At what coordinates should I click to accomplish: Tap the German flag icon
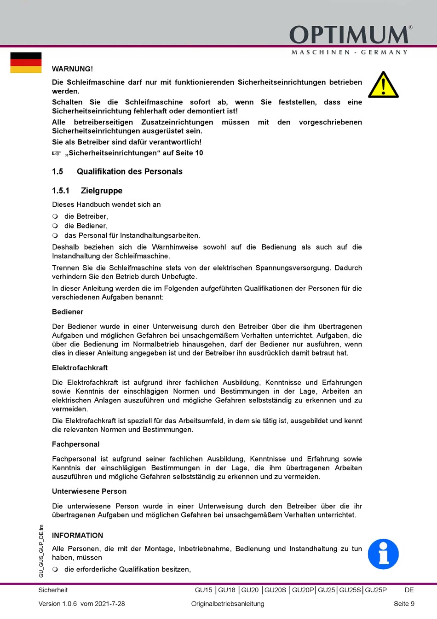(26, 63)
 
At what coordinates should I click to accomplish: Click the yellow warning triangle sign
(383, 85)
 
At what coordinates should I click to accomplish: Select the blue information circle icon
(383, 554)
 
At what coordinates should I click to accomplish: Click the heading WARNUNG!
(72, 69)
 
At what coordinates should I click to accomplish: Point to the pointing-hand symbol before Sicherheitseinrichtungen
(56, 153)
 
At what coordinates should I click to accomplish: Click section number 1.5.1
(61, 191)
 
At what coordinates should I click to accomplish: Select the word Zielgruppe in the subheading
(102, 191)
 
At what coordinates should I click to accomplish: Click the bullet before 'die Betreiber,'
(55, 216)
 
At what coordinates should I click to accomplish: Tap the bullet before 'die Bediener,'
(55, 226)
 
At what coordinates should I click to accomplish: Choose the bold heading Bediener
(68, 312)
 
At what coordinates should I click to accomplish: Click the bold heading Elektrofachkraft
(80, 368)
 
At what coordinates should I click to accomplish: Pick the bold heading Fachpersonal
(75, 444)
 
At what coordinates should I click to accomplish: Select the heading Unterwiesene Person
(89, 491)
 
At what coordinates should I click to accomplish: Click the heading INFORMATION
(77, 536)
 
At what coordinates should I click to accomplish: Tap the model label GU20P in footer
(303, 590)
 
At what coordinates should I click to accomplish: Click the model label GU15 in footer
(203, 590)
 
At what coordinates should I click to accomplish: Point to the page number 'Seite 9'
(404, 604)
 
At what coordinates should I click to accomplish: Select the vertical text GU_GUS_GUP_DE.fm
(41, 551)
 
